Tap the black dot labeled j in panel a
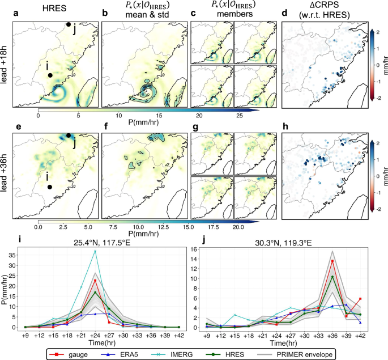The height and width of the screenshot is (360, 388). click(69, 24)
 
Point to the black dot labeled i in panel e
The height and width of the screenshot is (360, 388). click(50, 187)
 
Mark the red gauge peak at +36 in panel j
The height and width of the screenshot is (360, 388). click(332, 261)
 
